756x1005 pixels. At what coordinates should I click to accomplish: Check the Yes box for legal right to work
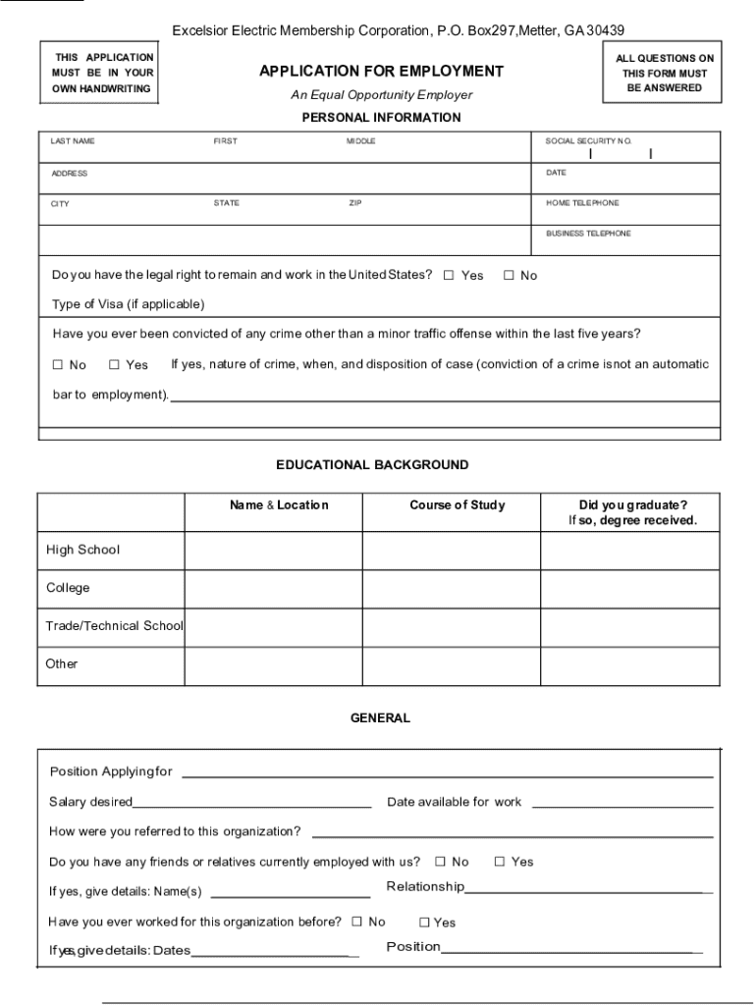pyautogui.click(x=449, y=276)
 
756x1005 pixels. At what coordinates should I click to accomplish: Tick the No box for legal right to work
pyautogui.click(x=509, y=276)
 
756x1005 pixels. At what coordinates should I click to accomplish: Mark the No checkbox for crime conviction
pyautogui.click(x=57, y=365)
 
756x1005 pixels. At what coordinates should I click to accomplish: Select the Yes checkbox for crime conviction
pyautogui.click(x=114, y=365)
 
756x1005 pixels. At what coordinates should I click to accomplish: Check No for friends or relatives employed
pyautogui.click(x=440, y=862)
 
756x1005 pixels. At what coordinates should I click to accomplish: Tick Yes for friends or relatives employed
pyautogui.click(x=499, y=862)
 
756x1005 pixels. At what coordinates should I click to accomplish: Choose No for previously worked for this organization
pyautogui.click(x=356, y=922)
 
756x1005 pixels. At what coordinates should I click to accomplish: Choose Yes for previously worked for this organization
pyautogui.click(x=424, y=923)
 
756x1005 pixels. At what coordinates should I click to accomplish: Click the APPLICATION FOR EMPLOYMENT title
pyautogui.click(x=381, y=72)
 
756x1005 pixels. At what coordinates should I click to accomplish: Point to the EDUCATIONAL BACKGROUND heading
pyautogui.click(x=372, y=465)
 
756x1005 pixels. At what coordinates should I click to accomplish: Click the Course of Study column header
pyautogui.click(x=457, y=505)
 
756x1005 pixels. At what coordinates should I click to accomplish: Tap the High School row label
pyautogui.click(x=82, y=550)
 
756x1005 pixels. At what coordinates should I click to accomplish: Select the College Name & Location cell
pyautogui.click(x=273, y=589)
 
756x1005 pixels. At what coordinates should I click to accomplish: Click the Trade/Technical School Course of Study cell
pyautogui.click(x=451, y=626)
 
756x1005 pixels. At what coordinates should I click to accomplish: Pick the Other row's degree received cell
pyautogui.click(x=629, y=665)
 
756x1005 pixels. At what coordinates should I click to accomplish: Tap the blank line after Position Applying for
pyautogui.click(x=447, y=773)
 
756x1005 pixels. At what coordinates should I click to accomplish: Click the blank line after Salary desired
pyautogui.click(x=251, y=804)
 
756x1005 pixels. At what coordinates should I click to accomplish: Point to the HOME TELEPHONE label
pyautogui.click(x=582, y=203)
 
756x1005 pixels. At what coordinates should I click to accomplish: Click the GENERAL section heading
pyautogui.click(x=380, y=718)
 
